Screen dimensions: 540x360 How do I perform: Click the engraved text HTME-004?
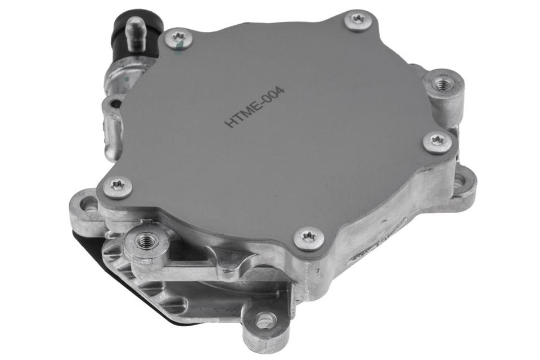(x=255, y=107)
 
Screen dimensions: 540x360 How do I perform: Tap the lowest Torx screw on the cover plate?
(x=309, y=238)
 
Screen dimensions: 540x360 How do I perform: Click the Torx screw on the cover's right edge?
(x=437, y=142)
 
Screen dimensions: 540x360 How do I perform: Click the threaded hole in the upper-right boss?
(x=442, y=84)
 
